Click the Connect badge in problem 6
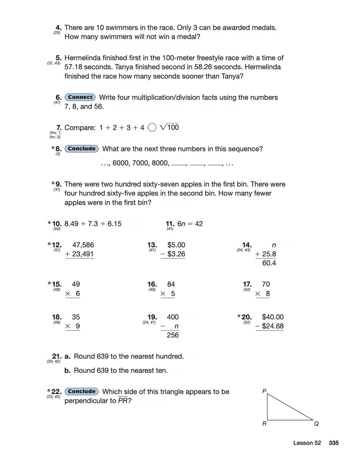80,97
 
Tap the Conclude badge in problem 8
82,149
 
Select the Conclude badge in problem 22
82,391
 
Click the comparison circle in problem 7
152,128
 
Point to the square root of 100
170,127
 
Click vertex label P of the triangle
264,391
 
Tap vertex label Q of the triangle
317,424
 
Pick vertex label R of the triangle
264,424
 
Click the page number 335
333,443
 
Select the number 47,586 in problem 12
83,245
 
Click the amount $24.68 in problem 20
273,326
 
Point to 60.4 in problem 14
269,263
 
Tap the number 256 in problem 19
173,335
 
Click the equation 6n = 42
190,224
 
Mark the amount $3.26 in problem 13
176,254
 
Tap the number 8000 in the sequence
160,163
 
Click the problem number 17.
247,284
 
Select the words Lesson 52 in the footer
307,443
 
